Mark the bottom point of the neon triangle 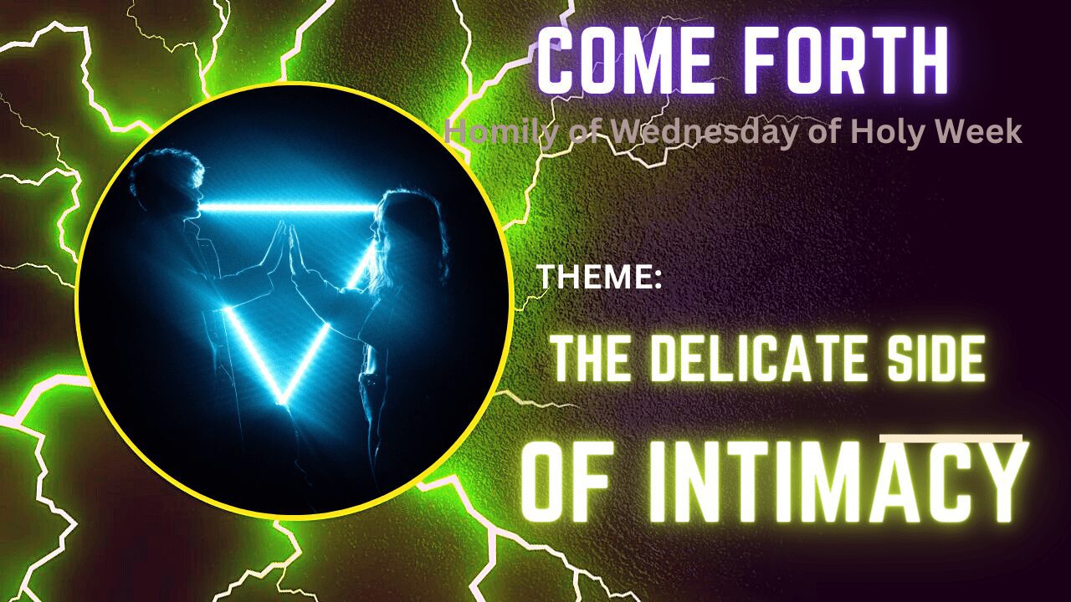tap(289, 400)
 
